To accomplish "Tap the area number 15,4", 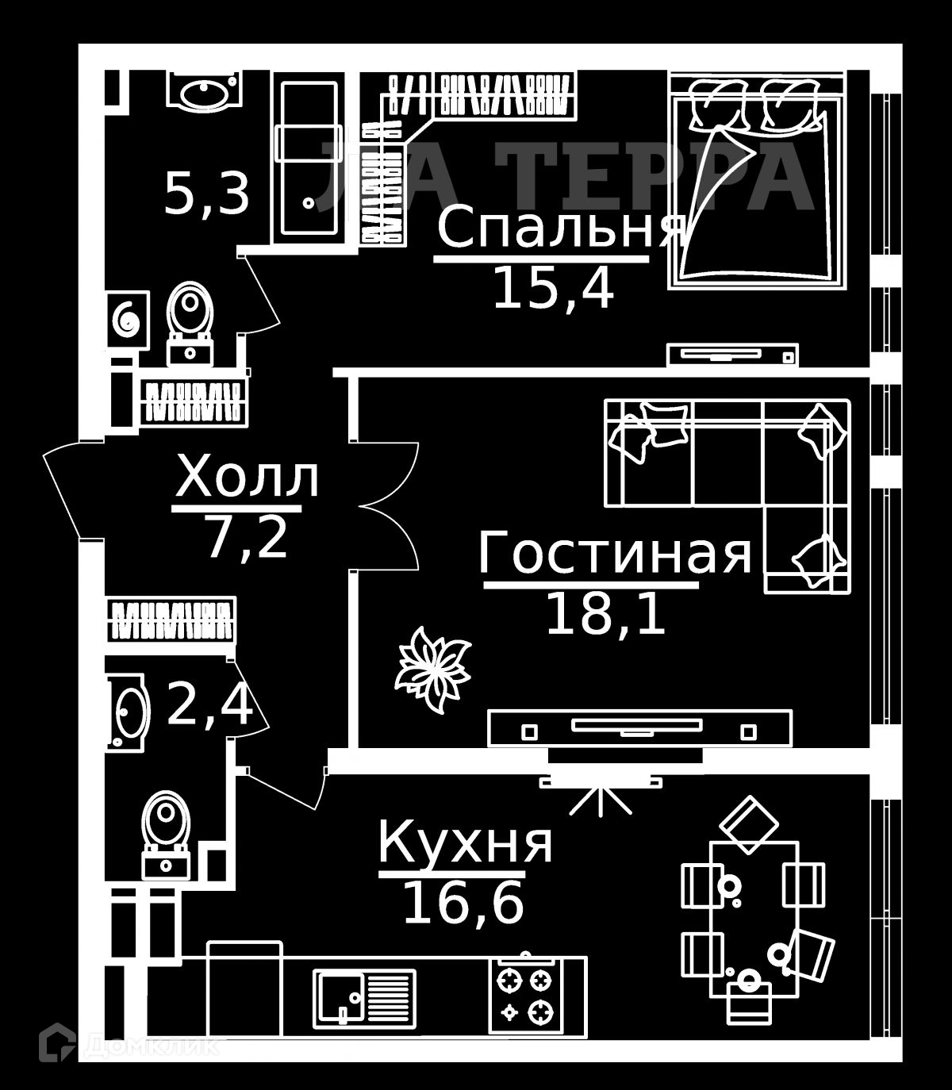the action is (x=553, y=288).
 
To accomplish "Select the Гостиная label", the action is (x=615, y=554).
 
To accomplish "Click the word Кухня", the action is (x=466, y=842).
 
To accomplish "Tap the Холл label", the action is (x=247, y=478).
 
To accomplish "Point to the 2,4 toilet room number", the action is (x=210, y=706).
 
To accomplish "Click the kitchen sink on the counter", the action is (x=364, y=996).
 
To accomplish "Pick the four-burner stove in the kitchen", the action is (x=524, y=995).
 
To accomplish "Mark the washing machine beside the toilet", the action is (x=128, y=319).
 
